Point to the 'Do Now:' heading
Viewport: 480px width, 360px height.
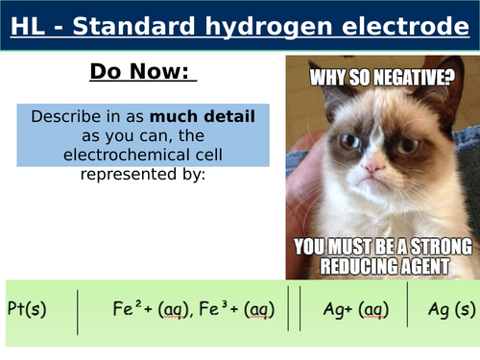click(x=143, y=72)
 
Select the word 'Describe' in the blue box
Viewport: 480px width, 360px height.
click(x=66, y=116)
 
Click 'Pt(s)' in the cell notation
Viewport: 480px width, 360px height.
click(x=26, y=309)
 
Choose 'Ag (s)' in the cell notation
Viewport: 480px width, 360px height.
click(x=450, y=309)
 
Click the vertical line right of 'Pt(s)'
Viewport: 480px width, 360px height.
click(x=77, y=309)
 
